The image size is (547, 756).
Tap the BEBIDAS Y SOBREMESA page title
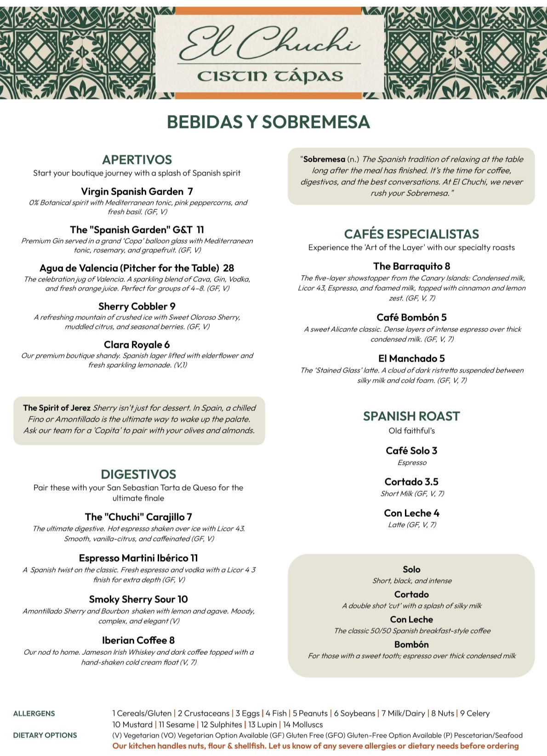(x=268, y=122)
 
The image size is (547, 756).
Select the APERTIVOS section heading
(x=137, y=160)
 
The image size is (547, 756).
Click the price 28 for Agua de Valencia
(x=228, y=268)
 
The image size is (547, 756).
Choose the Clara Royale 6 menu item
(x=137, y=345)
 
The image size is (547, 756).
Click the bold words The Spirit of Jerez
(x=57, y=408)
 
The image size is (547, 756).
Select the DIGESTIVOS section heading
(x=138, y=474)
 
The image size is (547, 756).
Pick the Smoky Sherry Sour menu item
(x=138, y=599)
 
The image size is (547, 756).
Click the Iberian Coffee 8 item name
(x=138, y=640)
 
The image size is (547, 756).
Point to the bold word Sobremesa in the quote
(x=324, y=159)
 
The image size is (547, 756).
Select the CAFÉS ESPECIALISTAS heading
(x=411, y=234)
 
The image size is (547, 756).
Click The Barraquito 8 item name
(x=411, y=266)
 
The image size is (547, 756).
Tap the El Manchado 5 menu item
(x=411, y=358)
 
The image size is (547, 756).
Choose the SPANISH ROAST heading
(x=411, y=416)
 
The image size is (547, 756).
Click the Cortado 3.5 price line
(x=411, y=482)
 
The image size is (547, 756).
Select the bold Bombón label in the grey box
(x=411, y=644)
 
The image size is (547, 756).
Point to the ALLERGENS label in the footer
(x=34, y=713)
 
